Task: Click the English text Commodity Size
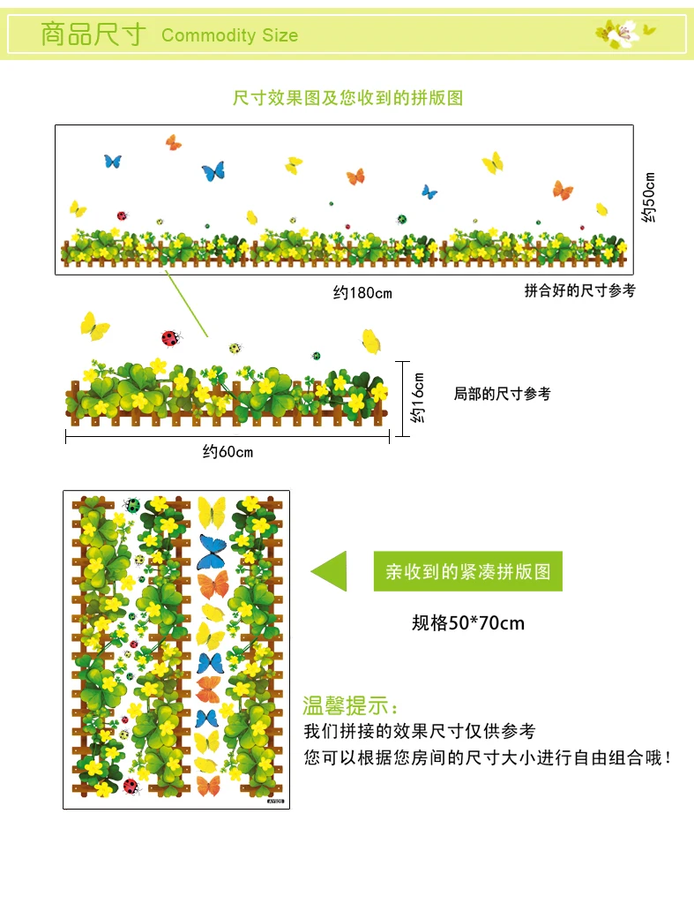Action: coord(230,35)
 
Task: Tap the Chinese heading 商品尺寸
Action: coord(93,34)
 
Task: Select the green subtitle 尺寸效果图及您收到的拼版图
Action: coord(347,97)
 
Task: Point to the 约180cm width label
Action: coord(362,293)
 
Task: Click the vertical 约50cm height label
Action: coord(649,197)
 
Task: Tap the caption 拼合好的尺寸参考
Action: coord(579,290)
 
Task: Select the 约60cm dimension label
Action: coord(228,451)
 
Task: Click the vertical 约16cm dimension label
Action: coord(418,398)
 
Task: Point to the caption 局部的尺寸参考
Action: coord(503,394)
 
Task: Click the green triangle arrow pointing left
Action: coord(330,571)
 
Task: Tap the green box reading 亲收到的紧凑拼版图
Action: coord(467,571)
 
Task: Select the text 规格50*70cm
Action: coord(467,622)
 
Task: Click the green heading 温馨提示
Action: coord(349,705)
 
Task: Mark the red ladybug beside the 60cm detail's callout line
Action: coord(171,338)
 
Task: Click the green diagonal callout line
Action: coord(187,304)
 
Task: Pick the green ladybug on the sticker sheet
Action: coord(132,505)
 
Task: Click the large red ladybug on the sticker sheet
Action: coord(131,786)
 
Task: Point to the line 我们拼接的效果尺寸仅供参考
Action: coord(420,731)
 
